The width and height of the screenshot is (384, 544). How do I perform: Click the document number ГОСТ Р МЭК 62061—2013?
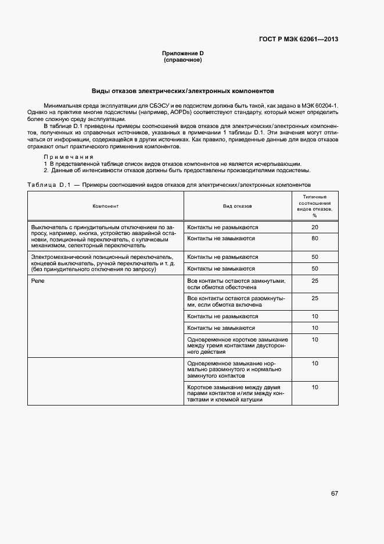(x=299, y=40)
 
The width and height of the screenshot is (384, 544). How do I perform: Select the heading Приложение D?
(x=182, y=54)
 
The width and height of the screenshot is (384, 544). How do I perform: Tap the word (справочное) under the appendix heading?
(x=182, y=60)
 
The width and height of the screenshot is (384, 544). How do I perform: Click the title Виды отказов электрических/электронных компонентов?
(x=182, y=91)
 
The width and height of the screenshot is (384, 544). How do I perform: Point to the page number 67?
(x=335, y=493)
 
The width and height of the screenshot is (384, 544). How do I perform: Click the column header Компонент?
(x=106, y=207)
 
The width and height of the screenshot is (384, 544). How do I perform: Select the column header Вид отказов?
(x=237, y=207)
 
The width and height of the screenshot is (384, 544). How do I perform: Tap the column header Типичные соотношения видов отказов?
(x=314, y=206)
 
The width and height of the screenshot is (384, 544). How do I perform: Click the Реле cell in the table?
(x=38, y=281)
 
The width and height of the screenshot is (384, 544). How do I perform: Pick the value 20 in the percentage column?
(x=314, y=227)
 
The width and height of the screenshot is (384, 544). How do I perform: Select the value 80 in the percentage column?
(x=314, y=239)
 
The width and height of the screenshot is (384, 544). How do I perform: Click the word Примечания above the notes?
(x=69, y=157)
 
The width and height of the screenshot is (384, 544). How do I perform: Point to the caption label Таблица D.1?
(x=49, y=184)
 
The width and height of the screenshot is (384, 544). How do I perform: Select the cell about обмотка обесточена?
(x=237, y=284)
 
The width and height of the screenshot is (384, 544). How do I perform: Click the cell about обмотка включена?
(x=237, y=301)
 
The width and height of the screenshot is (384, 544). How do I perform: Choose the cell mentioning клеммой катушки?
(x=237, y=393)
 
